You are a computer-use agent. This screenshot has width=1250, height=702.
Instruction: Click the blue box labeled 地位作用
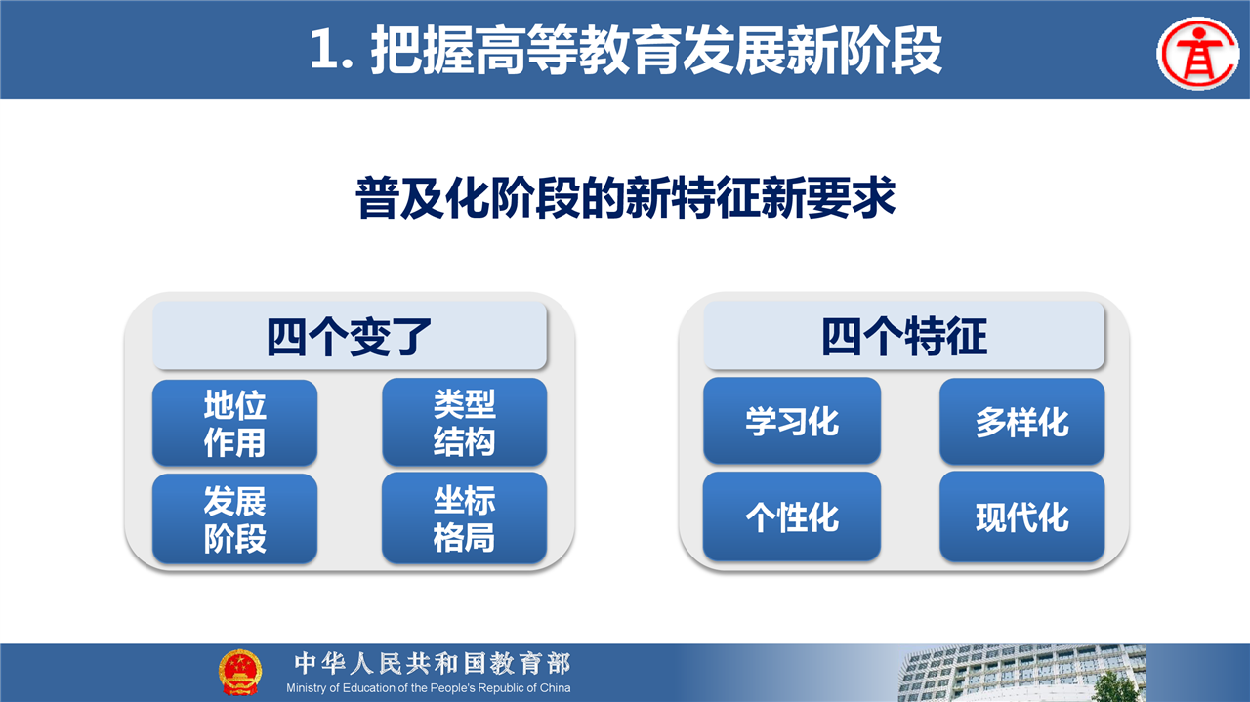point(235,423)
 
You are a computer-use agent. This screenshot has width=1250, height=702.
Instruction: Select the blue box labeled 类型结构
point(464,422)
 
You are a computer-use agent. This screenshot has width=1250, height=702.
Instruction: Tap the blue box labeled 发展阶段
point(235,518)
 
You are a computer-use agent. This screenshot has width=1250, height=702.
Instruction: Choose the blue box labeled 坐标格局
point(464,517)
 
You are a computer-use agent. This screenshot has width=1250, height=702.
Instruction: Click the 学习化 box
point(792,421)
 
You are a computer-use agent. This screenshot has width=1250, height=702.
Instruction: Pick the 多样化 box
point(1021,422)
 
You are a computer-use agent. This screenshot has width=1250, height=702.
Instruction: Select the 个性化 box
point(792,516)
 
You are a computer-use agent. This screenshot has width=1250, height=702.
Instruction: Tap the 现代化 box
point(1021,516)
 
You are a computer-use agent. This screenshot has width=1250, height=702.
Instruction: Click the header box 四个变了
point(350,335)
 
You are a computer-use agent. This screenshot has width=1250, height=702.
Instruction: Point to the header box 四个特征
point(904,335)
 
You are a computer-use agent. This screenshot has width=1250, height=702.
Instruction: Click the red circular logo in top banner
point(1198,54)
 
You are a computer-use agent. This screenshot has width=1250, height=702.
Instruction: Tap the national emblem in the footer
point(239,672)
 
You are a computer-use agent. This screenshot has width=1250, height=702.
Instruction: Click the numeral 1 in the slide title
point(323,50)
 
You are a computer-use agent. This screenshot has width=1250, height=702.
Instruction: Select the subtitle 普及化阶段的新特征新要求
point(626,197)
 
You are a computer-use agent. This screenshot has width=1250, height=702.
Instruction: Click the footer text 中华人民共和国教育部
point(433,663)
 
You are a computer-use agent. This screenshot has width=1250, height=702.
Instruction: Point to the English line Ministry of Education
point(428,688)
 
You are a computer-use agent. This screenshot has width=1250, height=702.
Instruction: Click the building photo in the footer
point(1021,673)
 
